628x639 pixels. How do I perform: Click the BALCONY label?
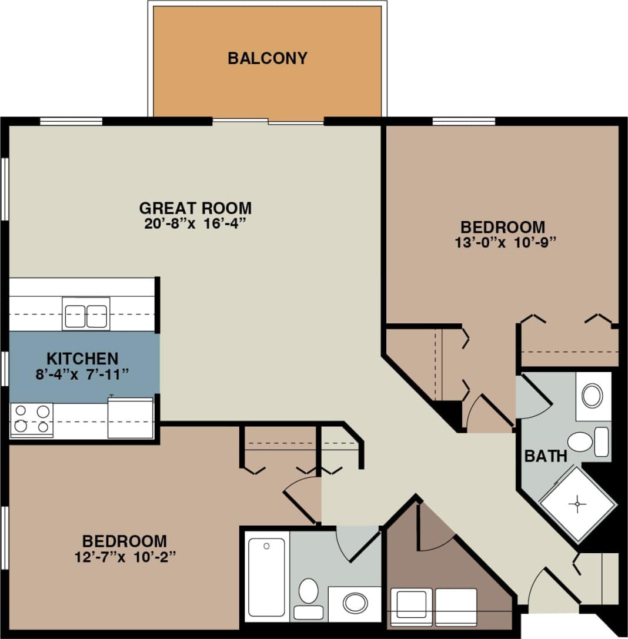268,58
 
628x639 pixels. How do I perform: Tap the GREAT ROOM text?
195,208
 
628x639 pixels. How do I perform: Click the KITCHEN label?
82,358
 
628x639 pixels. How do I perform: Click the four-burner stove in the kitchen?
32,419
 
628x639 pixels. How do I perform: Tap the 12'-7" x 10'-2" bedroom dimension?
125,556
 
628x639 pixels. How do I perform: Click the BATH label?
546,456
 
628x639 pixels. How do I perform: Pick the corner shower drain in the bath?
578,504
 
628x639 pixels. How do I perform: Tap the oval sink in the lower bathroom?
355,603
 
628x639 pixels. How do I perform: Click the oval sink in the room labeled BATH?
592,396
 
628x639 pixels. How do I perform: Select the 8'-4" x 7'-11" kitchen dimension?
82,373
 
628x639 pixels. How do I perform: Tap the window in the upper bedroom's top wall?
464,122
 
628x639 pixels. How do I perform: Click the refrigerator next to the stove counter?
131,418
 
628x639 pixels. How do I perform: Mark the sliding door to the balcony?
268,122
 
